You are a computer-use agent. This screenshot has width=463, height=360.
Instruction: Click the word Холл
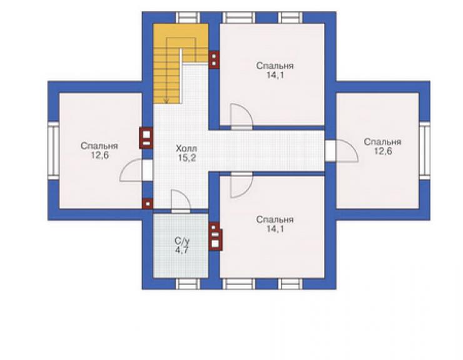coord(186,148)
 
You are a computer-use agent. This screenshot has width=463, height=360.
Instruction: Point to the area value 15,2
coord(186,158)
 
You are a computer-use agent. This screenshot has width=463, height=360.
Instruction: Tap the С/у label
coord(181,241)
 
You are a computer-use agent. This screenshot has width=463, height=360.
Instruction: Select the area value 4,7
coord(181,251)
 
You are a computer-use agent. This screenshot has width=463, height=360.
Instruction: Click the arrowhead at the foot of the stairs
coord(166,101)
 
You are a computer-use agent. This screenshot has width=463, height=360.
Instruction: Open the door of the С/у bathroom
coord(180,201)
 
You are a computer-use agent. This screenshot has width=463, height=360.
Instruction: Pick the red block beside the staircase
coord(213,60)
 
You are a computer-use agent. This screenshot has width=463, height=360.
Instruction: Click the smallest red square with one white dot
coord(148,203)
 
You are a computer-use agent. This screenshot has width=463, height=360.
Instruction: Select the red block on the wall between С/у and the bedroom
coord(216,237)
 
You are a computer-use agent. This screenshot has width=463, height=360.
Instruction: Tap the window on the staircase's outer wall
coord(188,18)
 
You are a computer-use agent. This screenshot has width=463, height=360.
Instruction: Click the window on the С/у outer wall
coord(188,284)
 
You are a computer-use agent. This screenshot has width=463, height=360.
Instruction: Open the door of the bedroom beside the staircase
coord(242,116)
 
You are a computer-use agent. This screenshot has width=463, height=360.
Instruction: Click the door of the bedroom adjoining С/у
coord(242,185)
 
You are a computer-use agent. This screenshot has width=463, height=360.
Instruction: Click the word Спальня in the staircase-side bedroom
coord(275,66)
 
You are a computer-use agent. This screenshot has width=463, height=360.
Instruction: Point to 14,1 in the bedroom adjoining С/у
coord(275,229)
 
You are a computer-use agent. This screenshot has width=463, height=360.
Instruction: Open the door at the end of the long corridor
coord(342,151)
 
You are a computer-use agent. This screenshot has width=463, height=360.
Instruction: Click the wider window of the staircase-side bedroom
coord(238,18)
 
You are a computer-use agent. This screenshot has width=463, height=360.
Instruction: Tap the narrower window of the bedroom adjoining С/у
coord(290,284)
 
